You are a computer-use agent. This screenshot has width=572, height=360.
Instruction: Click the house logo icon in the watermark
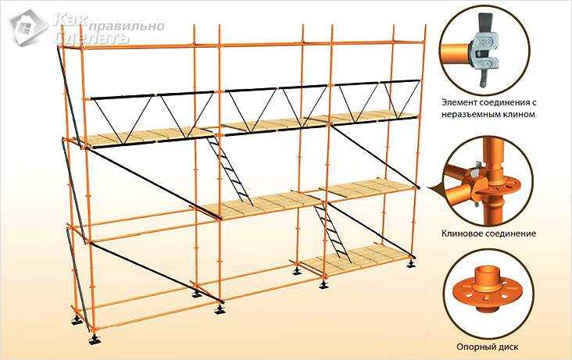click(28, 27)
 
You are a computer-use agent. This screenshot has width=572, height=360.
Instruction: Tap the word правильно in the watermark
click(127, 27)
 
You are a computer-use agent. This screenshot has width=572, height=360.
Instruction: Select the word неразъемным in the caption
click(472, 115)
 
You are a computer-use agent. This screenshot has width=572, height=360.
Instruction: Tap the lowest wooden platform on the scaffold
click(356, 260)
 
